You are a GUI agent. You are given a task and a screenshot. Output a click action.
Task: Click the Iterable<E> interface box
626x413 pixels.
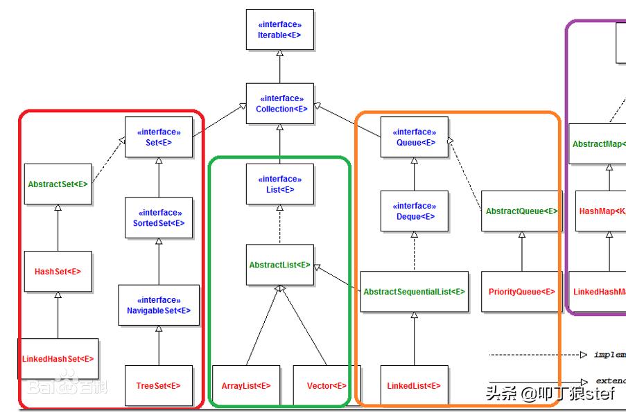click(x=279, y=29)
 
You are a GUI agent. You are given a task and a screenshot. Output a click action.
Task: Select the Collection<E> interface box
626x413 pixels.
click(x=279, y=104)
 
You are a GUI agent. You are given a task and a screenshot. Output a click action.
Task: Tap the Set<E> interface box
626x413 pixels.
click(x=159, y=137)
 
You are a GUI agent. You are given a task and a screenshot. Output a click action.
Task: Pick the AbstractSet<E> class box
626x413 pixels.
click(x=58, y=184)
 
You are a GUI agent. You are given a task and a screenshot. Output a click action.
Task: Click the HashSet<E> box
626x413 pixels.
click(x=58, y=272)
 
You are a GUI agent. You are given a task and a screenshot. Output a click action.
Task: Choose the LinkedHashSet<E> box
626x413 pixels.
click(x=58, y=358)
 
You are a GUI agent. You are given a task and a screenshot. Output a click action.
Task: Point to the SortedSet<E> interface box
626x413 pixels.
click(x=159, y=218)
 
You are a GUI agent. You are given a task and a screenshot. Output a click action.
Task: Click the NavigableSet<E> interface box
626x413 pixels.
click(x=159, y=305)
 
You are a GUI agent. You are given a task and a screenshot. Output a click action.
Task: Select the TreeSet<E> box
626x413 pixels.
click(x=159, y=385)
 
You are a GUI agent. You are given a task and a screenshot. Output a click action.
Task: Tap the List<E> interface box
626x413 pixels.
click(x=279, y=184)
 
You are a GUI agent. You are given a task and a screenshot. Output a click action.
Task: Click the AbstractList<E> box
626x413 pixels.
click(x=279, y=265)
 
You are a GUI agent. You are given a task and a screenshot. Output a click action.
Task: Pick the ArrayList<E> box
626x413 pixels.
click(x=246, y=385)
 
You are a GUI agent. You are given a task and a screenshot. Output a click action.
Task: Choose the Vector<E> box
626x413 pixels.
click(x=327, y=385)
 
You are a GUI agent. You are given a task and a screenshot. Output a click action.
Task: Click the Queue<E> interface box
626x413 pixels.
click(x=415, y=137)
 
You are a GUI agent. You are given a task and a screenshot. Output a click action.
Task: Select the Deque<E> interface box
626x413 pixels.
click(x=415, y=211)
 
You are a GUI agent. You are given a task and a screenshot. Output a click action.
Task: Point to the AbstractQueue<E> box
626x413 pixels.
click(x=521, y=211)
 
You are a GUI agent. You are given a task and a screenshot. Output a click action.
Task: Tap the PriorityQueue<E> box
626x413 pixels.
click(x=521, y=292)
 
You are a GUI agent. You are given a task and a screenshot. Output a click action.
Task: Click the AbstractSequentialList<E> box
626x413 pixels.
click(x=415, y=292)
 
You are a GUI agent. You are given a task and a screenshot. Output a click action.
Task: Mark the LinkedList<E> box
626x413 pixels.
click(x=415, y=385)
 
